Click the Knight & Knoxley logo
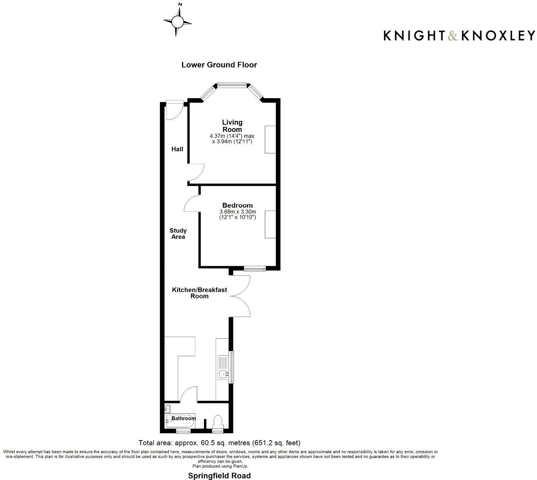pyautogui.click(x=459, y=35)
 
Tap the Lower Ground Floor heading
pyautogui.click(x=219, y=65)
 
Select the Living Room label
pyautogui.click(x=232, y=126)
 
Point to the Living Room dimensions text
pyautogui.click(x=232, y=139)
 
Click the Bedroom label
pyautogui.click(x=237, y=205)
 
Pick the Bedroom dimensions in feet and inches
pyautogui.click(x=238, y=217)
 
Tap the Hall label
pyautogui.click(x=177, y=149)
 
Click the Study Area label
pyautogui.click(x=178, y=233)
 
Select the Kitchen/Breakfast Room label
pyautogui.click(x=200, y=293)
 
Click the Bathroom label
pyautogui.click(x=184, y=418)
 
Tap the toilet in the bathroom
pyautogui.click(x=218, y=422)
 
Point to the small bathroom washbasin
pyautogui.click(x=168, y=409)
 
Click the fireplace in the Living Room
pyautogui.click(x=270, y=139)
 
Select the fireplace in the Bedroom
pyautogui.click(x=270, y=224)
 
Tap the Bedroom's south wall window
pyautogui.click(x=255, y=269)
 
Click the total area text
pyautogui.click(x=219, y=443)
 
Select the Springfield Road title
pyautogui.click(x=219, y=476)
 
